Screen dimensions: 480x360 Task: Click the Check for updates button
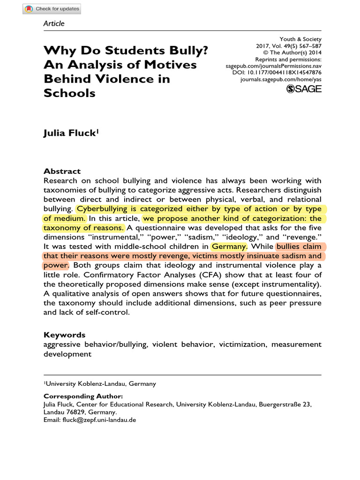point(52,8)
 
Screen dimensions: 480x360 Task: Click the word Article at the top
point(54,23)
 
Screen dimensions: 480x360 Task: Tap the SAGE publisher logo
point(304,89)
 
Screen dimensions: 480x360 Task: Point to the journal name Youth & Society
point(300,39)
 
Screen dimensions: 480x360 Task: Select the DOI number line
point(277,73)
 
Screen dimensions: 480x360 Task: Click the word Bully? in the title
point(181,50)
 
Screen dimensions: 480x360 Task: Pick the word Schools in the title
point(69,93)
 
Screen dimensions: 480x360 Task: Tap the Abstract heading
point(62,171)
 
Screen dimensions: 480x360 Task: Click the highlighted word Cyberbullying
point(105,209)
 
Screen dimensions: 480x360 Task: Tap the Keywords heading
point(64,335)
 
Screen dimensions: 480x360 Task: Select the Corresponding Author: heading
point(83,396)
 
